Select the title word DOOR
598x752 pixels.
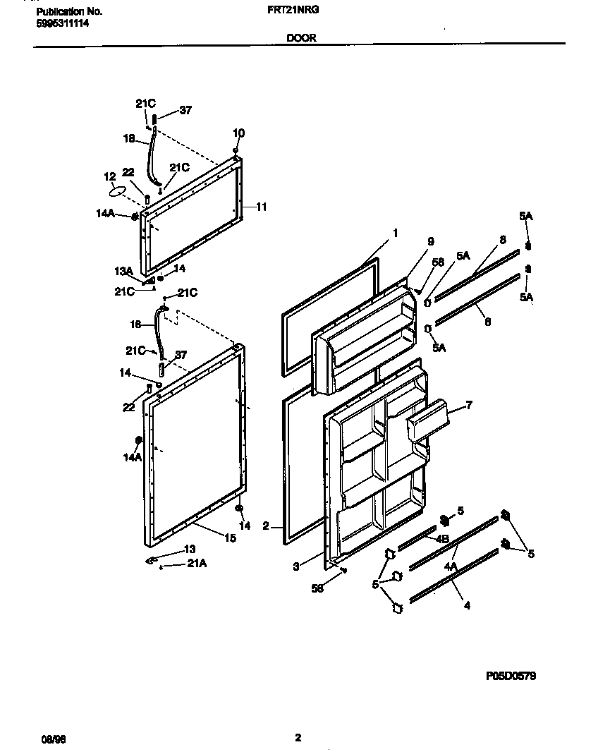click(301, 40)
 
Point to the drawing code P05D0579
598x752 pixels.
click(511, 675)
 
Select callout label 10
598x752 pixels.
click(238, 133)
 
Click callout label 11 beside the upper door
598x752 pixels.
click(261, 207)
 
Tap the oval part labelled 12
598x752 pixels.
click(118, 191)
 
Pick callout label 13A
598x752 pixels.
click(123, 271)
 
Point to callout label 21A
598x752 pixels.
click(197, 563)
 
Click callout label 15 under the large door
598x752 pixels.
click(230, 538)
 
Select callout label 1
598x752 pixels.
click(396, 232)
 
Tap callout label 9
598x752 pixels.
click(431, 241)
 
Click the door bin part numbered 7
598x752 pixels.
click(428, 420)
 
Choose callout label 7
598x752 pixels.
click(469, 405)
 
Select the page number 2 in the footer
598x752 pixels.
click(298, 738)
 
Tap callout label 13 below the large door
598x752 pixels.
click(190, 549)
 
